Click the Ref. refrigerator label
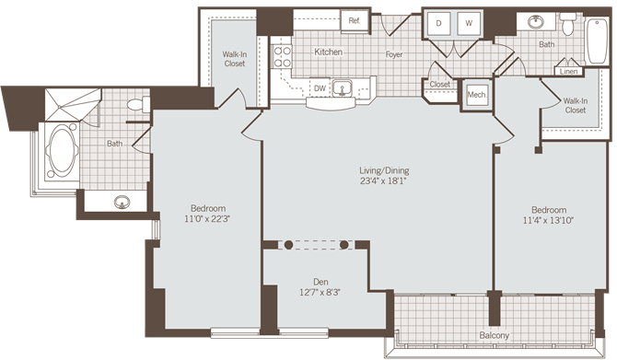coord(354,20)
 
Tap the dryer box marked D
coord(439,23)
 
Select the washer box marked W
coord(468,23)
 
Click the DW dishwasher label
coord(320,88)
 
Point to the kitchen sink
coord(344,88)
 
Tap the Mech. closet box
coord(476,94)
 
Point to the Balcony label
coord(494,335)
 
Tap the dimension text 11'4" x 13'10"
coord(548,220)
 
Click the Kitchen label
coord(329,52)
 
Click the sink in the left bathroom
coord(122,202)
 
